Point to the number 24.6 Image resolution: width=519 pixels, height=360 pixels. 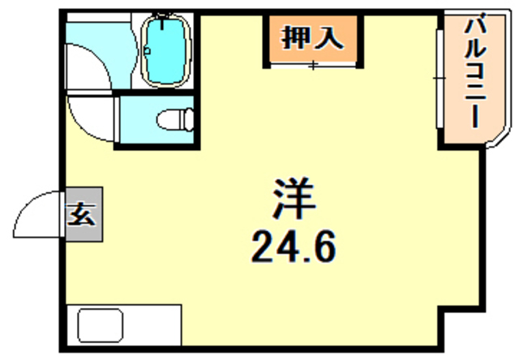click(x=291, y=246)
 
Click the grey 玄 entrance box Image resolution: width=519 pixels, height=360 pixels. click(x=81, y=216)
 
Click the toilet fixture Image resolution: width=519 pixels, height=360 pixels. click(x=174, y=120)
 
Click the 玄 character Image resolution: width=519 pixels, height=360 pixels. click(x=81, y=216)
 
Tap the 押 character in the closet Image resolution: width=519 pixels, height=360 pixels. click(x=295, y=36)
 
